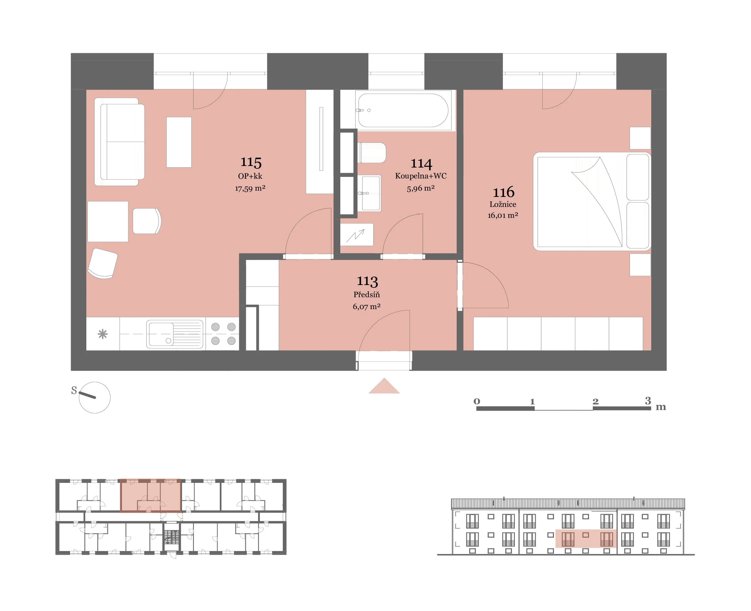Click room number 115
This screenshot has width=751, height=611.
tap(251, 162)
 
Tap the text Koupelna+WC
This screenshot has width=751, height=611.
tap(421, 176)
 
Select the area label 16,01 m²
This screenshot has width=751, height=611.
tap(503, 215)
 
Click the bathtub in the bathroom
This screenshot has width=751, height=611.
tap(403, 110)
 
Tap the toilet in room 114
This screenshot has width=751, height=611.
tap(372, 153)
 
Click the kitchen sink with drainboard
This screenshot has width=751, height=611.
tap(175, 334)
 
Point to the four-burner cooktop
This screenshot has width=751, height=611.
tap(223, 334)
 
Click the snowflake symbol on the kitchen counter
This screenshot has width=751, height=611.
tap(103, 334)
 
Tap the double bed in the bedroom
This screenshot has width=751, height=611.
tap(592, 201)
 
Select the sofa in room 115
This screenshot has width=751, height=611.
tap(119, 142)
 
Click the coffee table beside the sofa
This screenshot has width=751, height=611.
tap(179, 142)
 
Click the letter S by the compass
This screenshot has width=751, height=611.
tap(74, 390)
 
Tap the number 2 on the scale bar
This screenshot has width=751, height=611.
tap(596, 402)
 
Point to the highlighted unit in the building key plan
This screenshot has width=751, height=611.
tap(151, 495)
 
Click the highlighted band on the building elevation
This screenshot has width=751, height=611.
tap(586, 538)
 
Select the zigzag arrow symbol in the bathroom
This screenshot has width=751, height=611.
tap(355, 235)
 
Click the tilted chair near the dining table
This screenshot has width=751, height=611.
tap(103, 263)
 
